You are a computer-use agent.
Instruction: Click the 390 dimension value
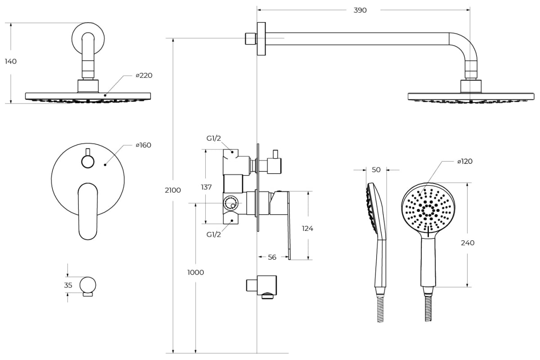[x=360, y=10]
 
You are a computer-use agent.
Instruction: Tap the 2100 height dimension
[x=173, y=190]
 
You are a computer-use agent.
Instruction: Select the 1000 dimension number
[x=195, y=272]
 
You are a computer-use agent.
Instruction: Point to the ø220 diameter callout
[x=144, y=76]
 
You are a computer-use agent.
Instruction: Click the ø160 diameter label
[x=144, y=145]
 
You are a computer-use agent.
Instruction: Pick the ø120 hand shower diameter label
[x=465, y=161]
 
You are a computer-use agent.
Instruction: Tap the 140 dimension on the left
[x=11, y=62]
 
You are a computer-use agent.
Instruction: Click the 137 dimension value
[x=206, y=187]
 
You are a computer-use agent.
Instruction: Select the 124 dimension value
[x=307, y=228]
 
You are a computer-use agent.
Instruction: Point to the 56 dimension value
[x=272, y=257]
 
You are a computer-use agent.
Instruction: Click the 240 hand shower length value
[x=468, y=243]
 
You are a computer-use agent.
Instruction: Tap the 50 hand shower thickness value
[x=376, y=170]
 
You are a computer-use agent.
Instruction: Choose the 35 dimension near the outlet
[x=68, y=285]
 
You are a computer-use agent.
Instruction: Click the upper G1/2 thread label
[x=214, y=139]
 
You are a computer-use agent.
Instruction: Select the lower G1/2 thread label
[x=214, y=234]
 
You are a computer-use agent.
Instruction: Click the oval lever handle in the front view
[x=88, y=211]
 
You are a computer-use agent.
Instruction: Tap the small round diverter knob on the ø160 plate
[x=88, y=161]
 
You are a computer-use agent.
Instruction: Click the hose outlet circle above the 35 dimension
[x=88, y=285]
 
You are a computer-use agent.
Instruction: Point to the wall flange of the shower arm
[x=261, y=39]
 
